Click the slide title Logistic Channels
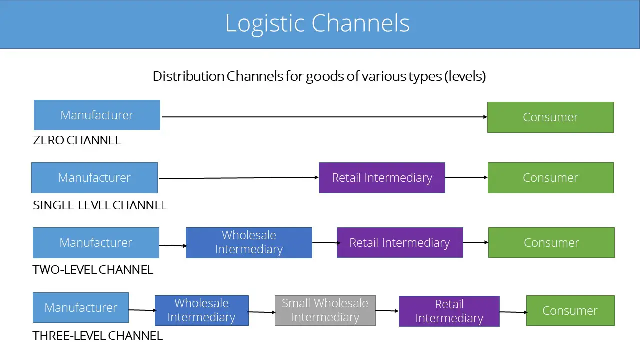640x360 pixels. pyautogui.click(x=317, y=23)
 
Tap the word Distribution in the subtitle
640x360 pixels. pyautogui.click(x=188, y=76)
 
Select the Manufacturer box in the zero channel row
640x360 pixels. pyautogui.click(x=97, y=115)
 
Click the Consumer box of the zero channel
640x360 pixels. pyautogui.click(x=550, y=117)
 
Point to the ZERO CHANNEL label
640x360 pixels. pyautogui.click(x=77, y=140)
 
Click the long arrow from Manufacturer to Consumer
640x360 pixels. pyautogui.click(x=325, y=117)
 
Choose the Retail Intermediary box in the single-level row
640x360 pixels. pyautogui.click(x=382, y=178)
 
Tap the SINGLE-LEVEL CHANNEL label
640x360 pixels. pyautogui.click(x=99, y=205)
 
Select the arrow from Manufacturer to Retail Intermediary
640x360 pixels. pyautogui.click(x=239, y=178)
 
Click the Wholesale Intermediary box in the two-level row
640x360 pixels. pyautogui.click(x=249, y=243)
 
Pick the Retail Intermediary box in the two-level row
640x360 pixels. pyautogui.click(x=400, y=243)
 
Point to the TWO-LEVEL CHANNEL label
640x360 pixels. pyautogui.click(x=93, y=270)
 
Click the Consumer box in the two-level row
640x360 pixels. pyautogui.click(x=551, y=243)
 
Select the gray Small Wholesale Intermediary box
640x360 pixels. pyautogui.click(x=325, y=310)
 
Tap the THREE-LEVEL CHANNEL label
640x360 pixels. pyautogui.click(x=97, y=336)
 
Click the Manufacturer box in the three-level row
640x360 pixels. pyautogui.click(x=81, y=307)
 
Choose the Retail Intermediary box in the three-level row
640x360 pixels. pyautogui.click(x=449, y=311)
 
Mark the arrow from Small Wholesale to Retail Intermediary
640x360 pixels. pyautogui.click(x=387, y=311)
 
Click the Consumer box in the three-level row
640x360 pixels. pyautogui.click(x=570, y=310)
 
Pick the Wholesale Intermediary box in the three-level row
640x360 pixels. pyautogui.click(x=202, y=310)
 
